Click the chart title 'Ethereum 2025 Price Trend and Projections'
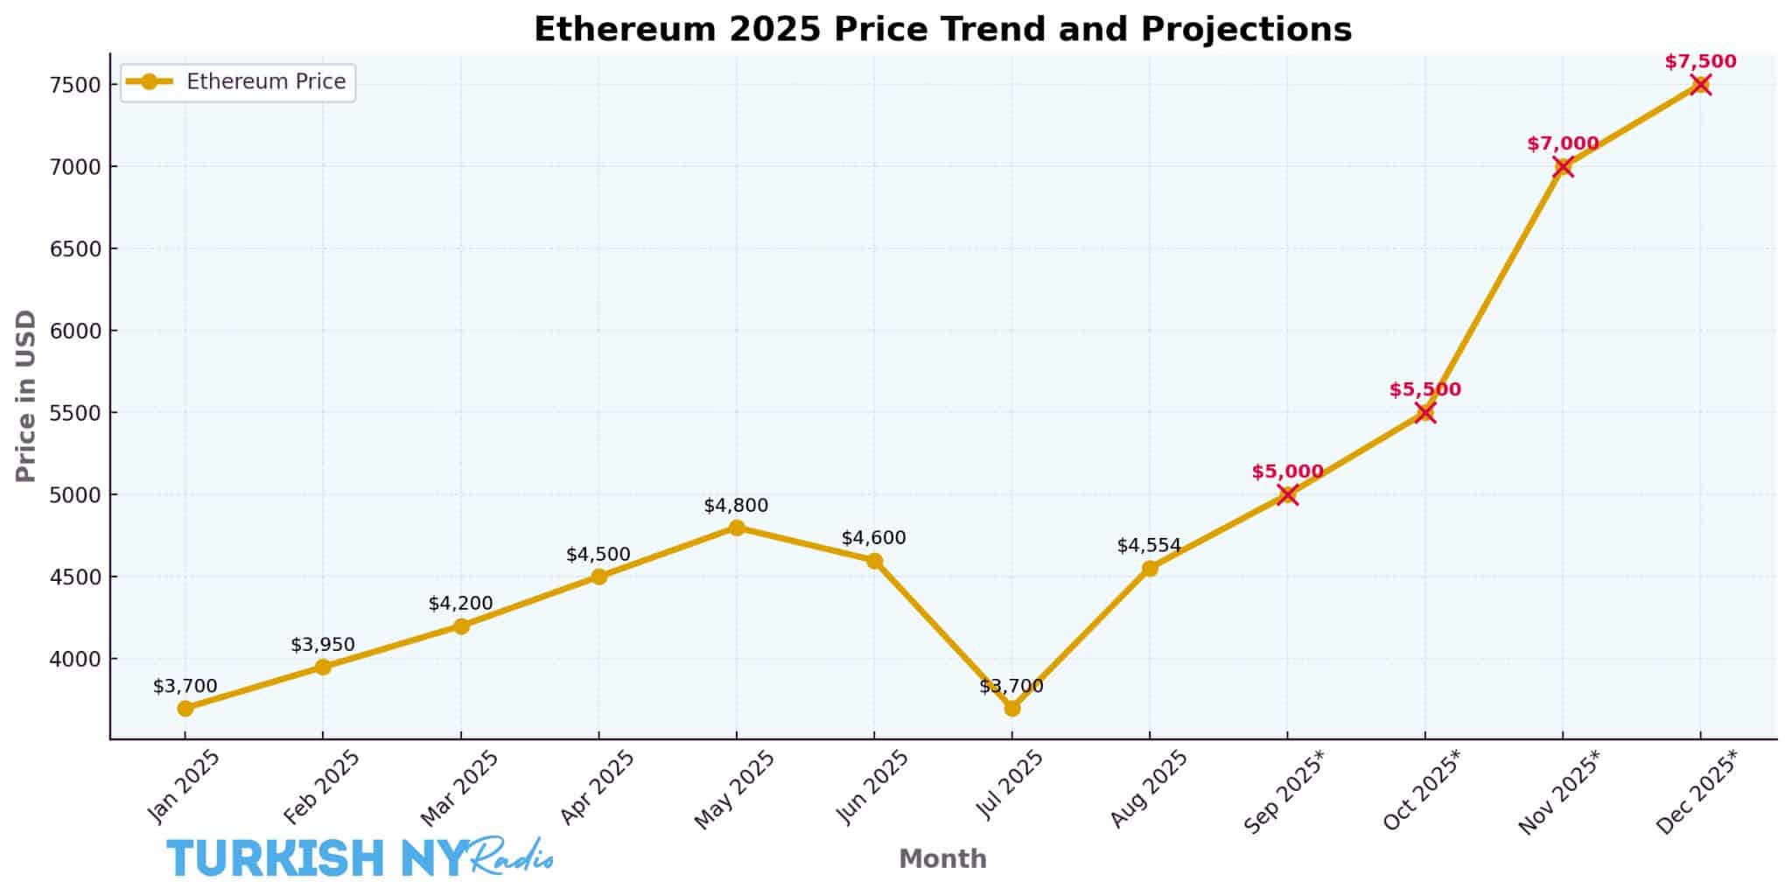click(942, 29)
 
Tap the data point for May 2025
click(737, 528)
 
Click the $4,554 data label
click(1149, 546)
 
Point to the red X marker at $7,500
click(1700, 85)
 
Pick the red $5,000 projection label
click(1287, 472)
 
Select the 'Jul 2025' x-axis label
click(1011, 787)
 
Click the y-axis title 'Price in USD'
click(26, 395)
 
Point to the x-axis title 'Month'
click(942, 859)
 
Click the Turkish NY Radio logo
click(359, 857)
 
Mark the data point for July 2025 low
click(1012, 708)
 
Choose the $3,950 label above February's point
click(323, 645)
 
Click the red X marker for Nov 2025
click(1563, 166)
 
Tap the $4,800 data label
click(736, 506)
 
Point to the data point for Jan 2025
click(185, 708)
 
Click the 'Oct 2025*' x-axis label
click(1421, 791)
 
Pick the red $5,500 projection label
click(1424, 390)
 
